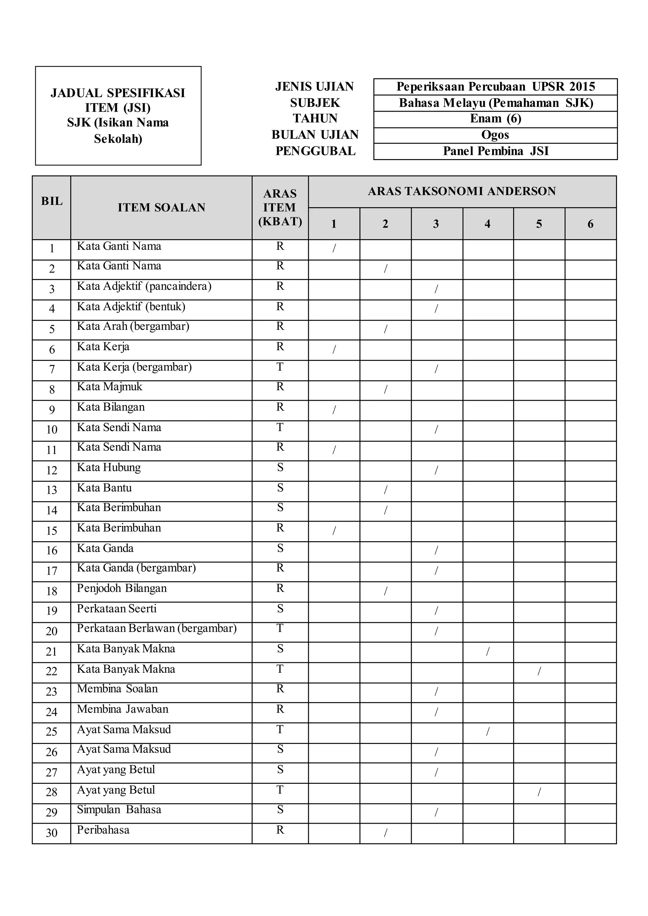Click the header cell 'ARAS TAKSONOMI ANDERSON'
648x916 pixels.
coord(462,191)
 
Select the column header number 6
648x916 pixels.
coord(590,224)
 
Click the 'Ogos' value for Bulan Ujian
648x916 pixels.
coord(495,135)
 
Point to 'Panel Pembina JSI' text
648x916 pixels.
coord(495,151)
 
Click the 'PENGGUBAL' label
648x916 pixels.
coord(315,151)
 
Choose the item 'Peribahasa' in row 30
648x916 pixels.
coord(103,830)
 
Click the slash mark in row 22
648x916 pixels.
coord(539,672)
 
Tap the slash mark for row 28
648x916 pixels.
coord(539,792)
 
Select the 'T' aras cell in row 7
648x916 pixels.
coord(280,367)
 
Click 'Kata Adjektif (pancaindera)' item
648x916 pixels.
coord(144,286)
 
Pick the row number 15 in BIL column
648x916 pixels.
coord(52,531)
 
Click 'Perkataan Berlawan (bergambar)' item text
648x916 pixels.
coord(157,628)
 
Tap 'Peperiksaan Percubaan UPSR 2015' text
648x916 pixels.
coord(495,87)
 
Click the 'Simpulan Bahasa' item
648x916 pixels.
coord(119,809)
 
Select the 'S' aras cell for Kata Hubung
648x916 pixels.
coord(280,467)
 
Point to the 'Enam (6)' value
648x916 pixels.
coord(495,119)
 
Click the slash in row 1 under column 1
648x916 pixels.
coord(334,248)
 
